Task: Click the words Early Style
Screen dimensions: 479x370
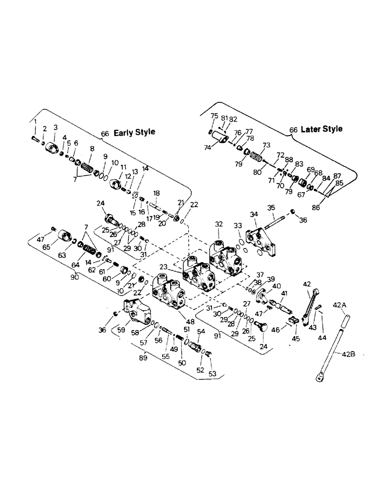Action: tap(134, 132)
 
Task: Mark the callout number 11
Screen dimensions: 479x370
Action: tap(123, 167)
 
